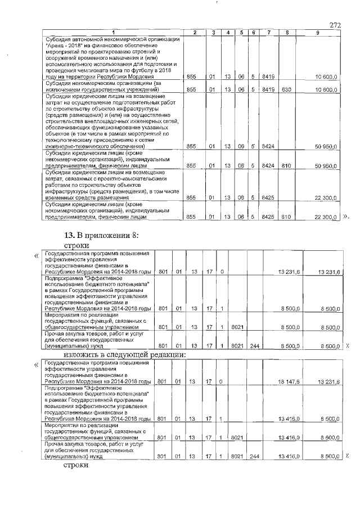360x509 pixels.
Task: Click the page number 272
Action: [x=335, y=25]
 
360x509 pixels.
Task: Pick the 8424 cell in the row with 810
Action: [x=268, y=166]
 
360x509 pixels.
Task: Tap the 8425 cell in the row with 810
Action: [x=268, y=217]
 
